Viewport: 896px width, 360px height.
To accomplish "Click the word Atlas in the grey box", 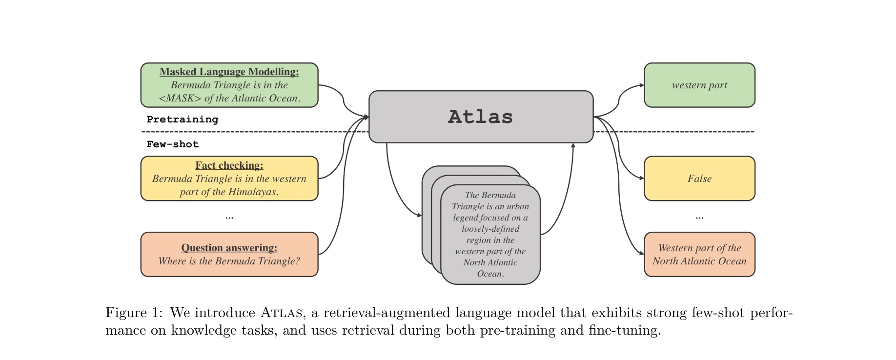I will click(x=480, y=117).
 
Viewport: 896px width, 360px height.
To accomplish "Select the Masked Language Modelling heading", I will click(x=229, y=72).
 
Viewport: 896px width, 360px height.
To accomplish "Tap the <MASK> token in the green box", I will click(x=180, y=98).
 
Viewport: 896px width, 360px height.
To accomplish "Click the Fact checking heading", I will click(x=229, y=165).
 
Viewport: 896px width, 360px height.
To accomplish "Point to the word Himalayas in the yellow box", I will click(x=252, y=192).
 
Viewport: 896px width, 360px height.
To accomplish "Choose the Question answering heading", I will click(x=229, y=248).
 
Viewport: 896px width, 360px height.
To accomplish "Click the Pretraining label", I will click(x=183, y=120).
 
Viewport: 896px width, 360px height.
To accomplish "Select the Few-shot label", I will click(x=173, y=144).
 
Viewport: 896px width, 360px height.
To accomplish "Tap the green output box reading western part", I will click(x=699, y=85).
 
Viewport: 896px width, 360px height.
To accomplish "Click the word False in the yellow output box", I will click(x=699, y=179).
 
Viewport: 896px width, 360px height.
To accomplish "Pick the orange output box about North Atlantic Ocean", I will click(x=699, y=254).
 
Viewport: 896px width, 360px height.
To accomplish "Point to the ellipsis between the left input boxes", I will click(x=229, y=217).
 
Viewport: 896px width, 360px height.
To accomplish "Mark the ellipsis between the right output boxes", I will click(x=699, y=217).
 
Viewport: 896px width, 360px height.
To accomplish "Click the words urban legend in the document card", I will click(x=490, y=212).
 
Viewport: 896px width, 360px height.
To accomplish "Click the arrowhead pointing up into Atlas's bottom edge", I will click(x=573, y=145).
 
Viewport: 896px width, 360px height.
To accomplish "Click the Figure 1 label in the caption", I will click(x=133, y=313).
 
